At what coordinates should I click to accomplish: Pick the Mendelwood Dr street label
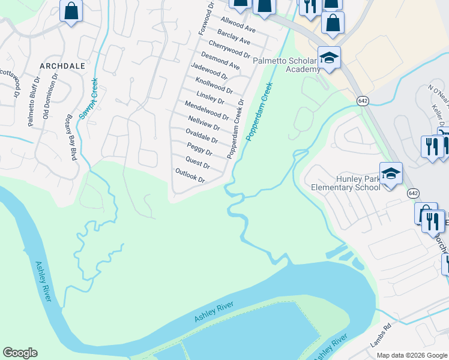point(206,110)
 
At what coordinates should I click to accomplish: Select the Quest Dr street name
point(198,162)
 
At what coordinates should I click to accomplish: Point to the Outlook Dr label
point(190,176)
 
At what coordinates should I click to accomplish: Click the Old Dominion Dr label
point(50,97)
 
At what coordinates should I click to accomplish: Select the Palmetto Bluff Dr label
point(34,101)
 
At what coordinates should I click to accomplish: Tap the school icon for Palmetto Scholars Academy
point(329,58)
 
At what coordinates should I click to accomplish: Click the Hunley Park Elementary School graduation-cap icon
point(391,173)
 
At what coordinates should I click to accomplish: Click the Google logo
point(20,353)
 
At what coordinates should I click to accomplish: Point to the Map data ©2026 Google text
point(411,355)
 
